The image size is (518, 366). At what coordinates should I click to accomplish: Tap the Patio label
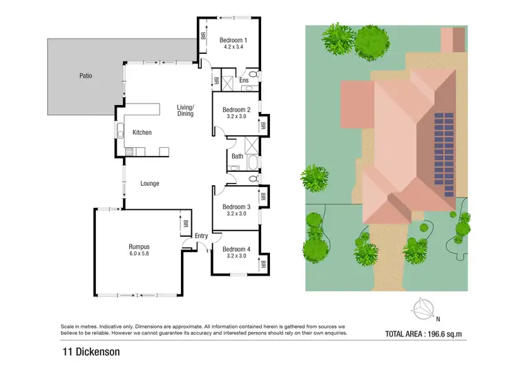tap(86, 75)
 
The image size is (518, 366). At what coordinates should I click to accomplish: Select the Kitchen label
tap(142, 133)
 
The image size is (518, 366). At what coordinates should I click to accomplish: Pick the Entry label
tap(201, 236)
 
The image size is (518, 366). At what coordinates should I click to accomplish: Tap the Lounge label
tap(150, 184)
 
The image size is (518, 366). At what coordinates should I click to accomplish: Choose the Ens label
tap(244, 81)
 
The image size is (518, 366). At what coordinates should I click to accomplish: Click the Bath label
tap(237, 157)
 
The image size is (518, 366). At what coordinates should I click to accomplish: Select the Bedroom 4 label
tap(236, 249)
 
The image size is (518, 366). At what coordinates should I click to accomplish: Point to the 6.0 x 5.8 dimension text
tap(140, 254)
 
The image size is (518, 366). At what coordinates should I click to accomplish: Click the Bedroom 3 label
tap(236, 206)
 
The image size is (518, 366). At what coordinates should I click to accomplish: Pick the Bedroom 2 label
tap(236, 110)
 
